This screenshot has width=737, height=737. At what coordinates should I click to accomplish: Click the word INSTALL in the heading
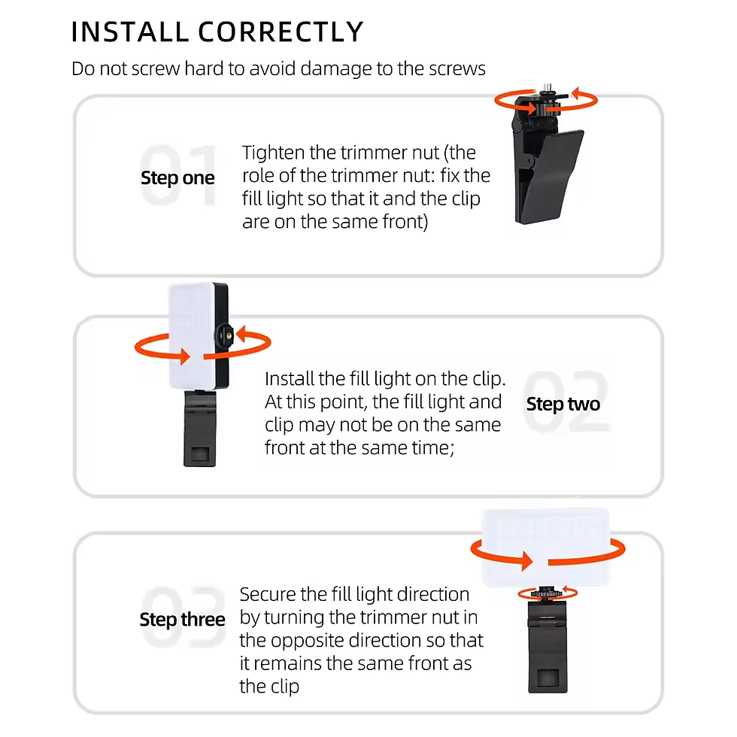pos(129,32)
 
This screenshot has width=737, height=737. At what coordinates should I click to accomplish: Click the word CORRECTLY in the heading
pos(280,32)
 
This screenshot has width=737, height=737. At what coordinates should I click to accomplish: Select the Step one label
pos(177,179)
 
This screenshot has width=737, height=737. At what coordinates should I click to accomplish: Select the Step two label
pos(563,405)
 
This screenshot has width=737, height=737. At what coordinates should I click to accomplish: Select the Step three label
pos(182,620)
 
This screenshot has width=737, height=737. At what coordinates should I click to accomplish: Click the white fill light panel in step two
pos(189,323)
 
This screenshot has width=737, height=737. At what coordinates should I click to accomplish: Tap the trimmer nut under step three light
pos(547,593)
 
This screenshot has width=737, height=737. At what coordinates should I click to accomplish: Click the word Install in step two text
pos(290,379)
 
